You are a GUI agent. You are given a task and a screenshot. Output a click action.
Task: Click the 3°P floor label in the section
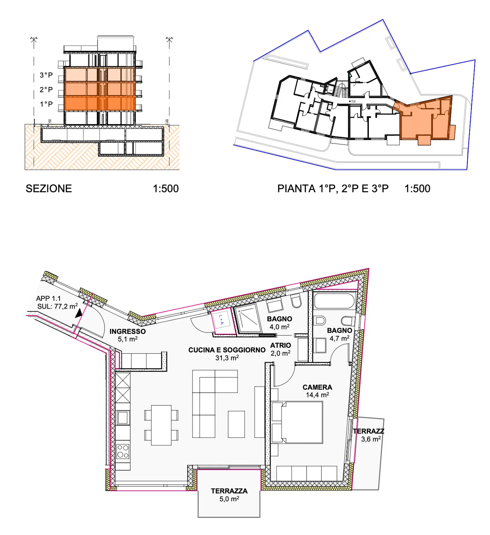pyautogui.click(x=46, y=75)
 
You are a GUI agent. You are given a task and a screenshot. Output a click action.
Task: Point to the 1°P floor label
pyautogui.click(x=46, y=104)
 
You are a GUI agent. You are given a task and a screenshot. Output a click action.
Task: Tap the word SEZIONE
pyautogui.click(x=49, y=189)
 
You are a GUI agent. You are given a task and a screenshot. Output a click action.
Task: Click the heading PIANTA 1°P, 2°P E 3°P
pyautogui.click(x=332, y=189)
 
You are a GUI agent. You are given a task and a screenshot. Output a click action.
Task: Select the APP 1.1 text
pyautogui.click(x=48, y=298)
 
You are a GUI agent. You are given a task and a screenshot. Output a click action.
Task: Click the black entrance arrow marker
pyautogui.click(x=79, y=313)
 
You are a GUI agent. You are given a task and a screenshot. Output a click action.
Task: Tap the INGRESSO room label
pyautogui.click(x=127, y=331)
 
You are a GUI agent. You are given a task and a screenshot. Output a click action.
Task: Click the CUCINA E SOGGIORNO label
pyautogui.click(x=227, y=350)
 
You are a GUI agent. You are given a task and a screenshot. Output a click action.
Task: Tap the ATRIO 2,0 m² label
pyautogui.click(x=280, y=349)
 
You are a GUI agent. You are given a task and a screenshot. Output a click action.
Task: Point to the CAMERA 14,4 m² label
pyautogui.click(x=317, y=391)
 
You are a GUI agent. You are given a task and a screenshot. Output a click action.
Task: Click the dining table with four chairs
pyautogui.click(x=161, y=425)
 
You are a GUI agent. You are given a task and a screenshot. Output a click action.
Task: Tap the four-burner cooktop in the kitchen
pyautogui.click(x=122, y=451)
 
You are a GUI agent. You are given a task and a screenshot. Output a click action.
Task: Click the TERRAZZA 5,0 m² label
pyautogui.click(x=229, y=495)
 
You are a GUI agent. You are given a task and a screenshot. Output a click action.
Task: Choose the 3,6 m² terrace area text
pyautogui.click(x=371, y=439)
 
